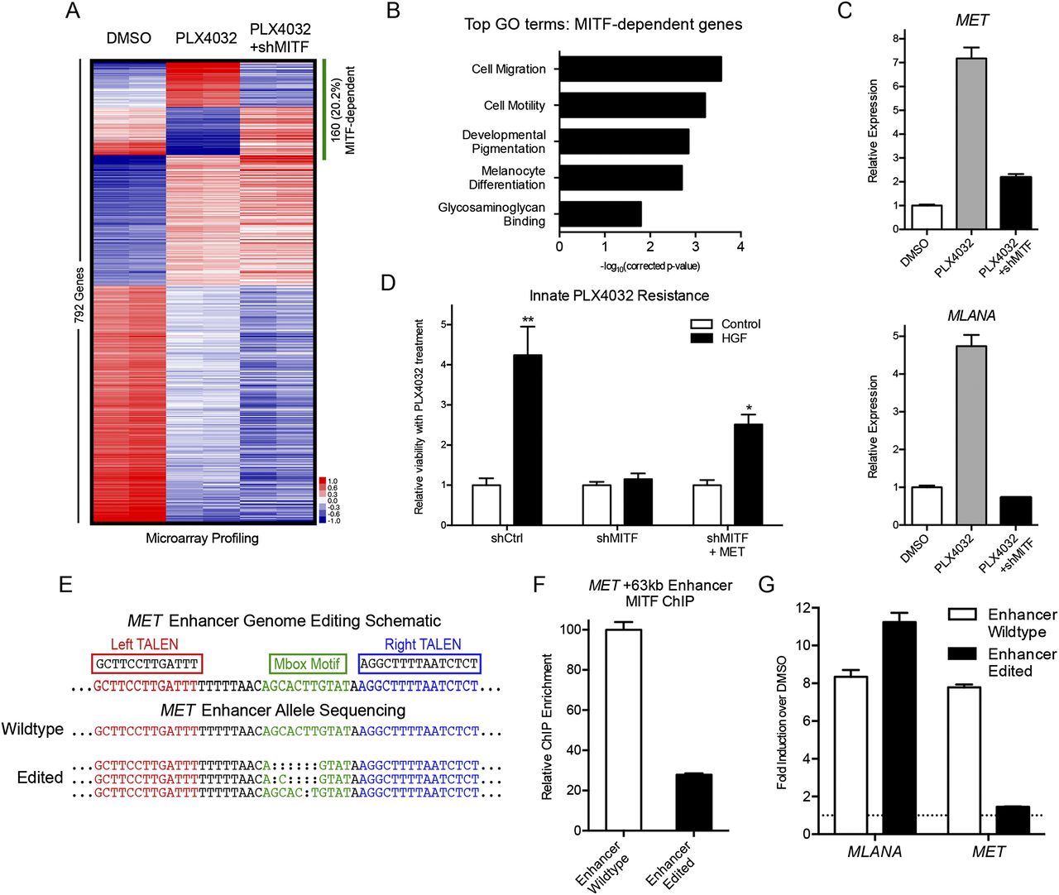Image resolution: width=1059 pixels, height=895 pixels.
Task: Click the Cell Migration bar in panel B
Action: point(640,69)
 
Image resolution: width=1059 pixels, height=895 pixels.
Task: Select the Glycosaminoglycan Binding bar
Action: point(601,214)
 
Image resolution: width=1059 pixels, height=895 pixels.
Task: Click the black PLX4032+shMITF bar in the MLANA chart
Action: point(1016,510)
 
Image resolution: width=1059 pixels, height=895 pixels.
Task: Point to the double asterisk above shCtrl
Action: point(528,319)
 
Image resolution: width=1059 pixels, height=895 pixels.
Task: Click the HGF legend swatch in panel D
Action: point(702,338)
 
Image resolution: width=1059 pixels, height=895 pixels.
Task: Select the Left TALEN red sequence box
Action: point(147,663)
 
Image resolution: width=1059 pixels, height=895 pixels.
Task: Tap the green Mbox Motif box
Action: point(307,663)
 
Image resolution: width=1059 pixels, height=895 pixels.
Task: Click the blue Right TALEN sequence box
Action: point(419,663)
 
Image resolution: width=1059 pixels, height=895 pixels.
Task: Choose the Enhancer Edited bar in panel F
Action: point(693,802)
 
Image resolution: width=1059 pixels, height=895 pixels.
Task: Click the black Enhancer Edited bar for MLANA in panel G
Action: point(898,728)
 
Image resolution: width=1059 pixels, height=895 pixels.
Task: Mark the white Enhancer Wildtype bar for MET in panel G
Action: point(964,760)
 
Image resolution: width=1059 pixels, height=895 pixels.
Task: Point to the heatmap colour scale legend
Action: point(328,500)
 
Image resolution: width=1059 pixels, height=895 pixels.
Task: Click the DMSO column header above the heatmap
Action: point(129,39)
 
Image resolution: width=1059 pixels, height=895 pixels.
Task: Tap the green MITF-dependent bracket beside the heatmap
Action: point(324,109)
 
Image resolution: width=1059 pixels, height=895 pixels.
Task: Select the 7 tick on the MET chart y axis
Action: point(896,62)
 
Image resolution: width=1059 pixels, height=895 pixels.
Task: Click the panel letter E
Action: point(65,585)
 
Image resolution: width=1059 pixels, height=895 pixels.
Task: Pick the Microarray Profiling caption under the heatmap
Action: point(202,538)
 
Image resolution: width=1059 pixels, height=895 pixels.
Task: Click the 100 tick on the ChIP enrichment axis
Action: point(570,629)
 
